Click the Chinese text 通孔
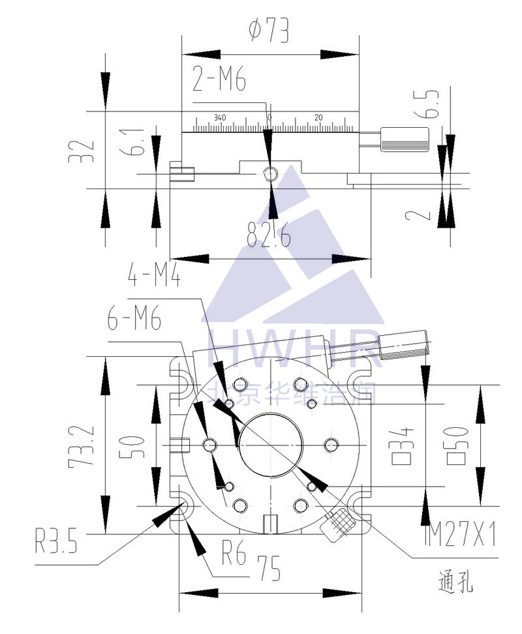(x=455, y=581)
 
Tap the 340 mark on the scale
(x=219, y=117)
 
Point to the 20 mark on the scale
(x=318, y=117)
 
